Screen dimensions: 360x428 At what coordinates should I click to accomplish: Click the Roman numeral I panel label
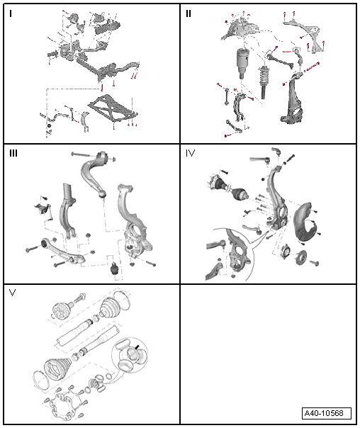click(11, 13)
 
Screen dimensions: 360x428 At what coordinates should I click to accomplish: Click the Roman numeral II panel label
click(189, 13)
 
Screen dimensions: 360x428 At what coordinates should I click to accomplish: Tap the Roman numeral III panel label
click(13, 153)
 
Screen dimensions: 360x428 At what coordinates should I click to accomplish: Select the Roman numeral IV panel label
click(190, 153)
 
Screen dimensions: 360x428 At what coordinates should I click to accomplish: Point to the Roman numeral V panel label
click(12, 293)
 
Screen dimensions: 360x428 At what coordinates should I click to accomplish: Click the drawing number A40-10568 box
click(327, 413)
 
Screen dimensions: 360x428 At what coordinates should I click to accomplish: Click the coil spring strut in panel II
click(264, 82)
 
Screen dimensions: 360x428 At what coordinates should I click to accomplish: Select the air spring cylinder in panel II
click(242, 63)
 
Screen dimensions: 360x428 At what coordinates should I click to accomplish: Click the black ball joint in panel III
click(114, 268)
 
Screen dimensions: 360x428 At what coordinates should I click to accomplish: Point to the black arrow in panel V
click(137, 347)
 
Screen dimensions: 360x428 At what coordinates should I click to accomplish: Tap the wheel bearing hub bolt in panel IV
click(314, 263)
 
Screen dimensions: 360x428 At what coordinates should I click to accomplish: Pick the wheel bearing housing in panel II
click(292, 98)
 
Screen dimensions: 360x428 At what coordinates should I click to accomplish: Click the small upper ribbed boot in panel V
click(110, 308)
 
